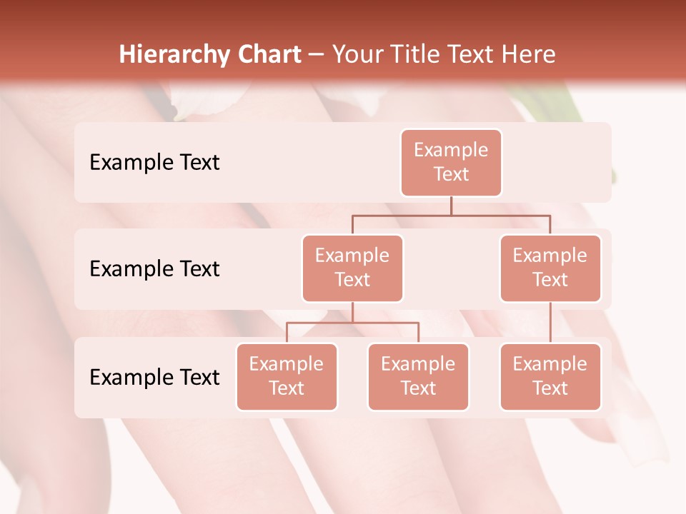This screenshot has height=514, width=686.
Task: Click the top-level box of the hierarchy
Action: [x=451, y=162]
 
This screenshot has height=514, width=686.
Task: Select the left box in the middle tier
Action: [x=352, y=268]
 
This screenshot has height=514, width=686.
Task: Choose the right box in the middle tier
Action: [x=550, y=268]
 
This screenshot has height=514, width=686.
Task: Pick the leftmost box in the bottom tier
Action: [x=287, y=376]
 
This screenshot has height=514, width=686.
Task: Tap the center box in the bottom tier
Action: [x=418, y=376]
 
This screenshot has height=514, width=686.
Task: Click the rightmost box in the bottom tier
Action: [x=550, y=376]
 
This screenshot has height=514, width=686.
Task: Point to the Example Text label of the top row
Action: [x=154, y=162]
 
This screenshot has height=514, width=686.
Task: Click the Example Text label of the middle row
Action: [x=154, y=268]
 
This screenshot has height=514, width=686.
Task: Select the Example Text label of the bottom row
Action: [x=154, y=377]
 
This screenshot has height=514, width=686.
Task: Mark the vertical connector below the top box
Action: [x=451, y=206]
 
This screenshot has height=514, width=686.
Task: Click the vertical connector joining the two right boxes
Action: [x=550, y=323]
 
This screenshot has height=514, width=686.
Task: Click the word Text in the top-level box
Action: [x=451, y=174]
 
